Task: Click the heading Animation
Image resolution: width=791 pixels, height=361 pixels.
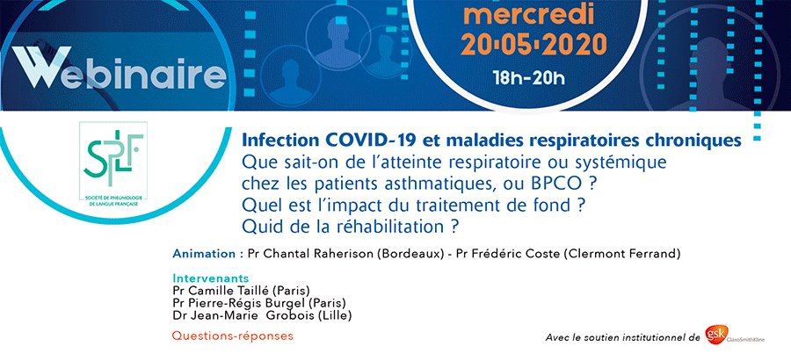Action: click(x=204, y=254)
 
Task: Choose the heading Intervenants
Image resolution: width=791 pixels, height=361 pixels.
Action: click(x=210, y=278)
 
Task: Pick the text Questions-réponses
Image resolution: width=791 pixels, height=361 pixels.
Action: click(x=233, y=336)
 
